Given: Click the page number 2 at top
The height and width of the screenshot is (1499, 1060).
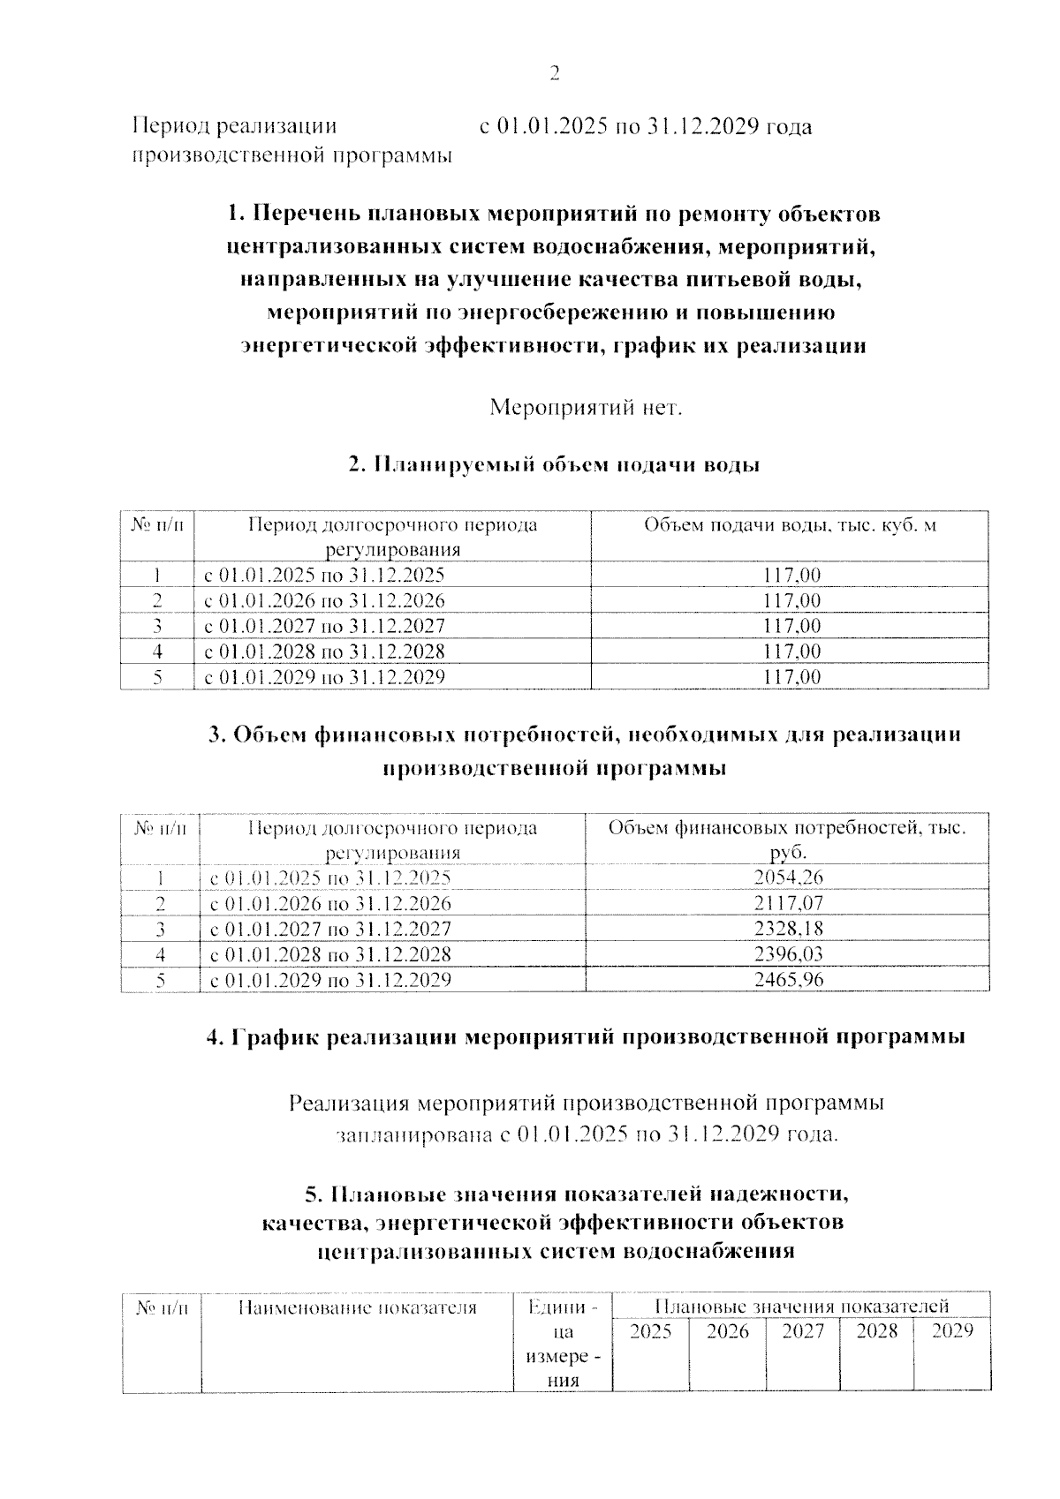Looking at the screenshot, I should pos(555,74).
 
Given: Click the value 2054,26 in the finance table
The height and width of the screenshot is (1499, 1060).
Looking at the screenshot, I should pos(789,878).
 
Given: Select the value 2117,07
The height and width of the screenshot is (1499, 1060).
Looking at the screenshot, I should pos(789,903).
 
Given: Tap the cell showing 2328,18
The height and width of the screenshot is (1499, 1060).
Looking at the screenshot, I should pos(789,929).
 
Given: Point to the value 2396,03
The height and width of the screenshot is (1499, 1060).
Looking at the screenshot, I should pos(789,954).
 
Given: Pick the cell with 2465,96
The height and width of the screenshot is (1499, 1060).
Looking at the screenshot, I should pos(789,980).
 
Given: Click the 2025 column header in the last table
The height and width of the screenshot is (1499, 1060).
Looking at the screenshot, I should pos(650,1332).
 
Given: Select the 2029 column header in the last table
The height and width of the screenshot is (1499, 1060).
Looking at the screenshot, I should pos(952,1331).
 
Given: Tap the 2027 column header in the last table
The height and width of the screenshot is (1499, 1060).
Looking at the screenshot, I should pos(803,1332).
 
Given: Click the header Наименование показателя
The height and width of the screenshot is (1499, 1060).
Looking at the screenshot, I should pos(358,1307).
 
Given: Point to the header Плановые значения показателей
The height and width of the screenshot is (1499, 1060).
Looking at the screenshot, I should pos(802,1307).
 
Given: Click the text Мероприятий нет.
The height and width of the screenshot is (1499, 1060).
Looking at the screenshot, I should pos(587,408).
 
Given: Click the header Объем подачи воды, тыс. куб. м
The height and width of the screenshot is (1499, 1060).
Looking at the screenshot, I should pos(790,526).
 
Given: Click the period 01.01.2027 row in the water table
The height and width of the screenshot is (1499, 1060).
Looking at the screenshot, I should pos(325,627).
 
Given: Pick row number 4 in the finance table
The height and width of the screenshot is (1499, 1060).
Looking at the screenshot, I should pos(161,954).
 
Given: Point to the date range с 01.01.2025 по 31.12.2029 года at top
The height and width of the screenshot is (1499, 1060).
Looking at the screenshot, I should pos(646,127).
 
